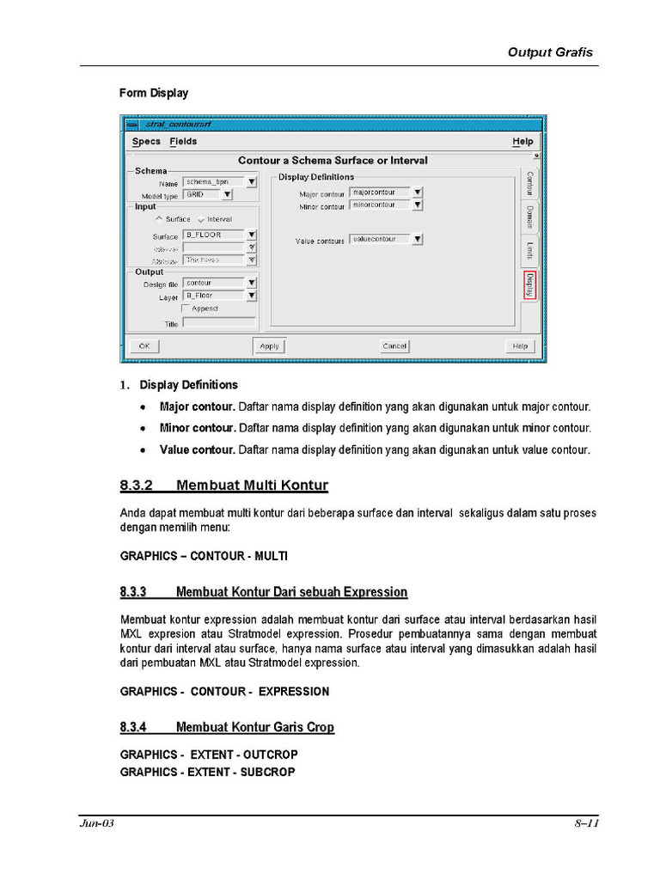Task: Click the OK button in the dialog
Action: (x=144, y=345)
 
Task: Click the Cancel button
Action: (x=394, y=345)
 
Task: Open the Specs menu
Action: (x=146, y=142)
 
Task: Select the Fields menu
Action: (x=183, y=142)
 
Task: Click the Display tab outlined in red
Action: (x=530, y=285)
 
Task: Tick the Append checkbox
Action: (x=186, y=309)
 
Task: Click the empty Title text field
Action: (x=219, y=323)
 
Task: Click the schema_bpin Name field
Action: (x=213, y=182)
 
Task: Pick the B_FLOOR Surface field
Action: (x=213, y=235)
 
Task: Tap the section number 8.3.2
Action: (x=136, y=486)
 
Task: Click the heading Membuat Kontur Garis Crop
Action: (x=254, y=728)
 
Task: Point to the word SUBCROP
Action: (x=267, y=772)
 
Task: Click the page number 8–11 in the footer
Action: (x=586, y=823)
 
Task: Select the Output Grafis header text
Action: (x=550, y=52)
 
